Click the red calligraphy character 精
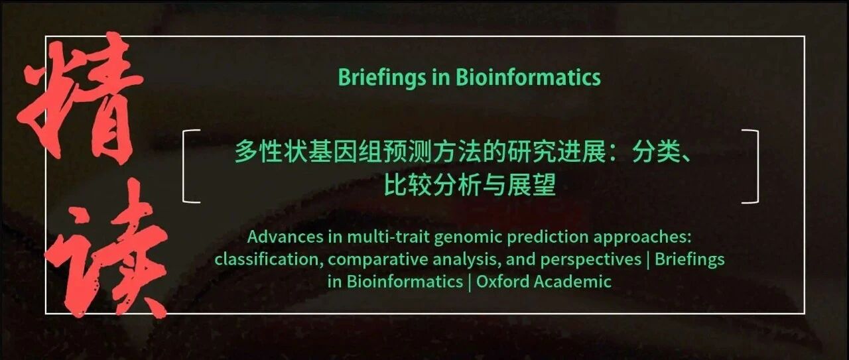(82, 99)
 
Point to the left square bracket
(184, 166)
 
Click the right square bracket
(757, 166)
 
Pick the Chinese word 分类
(655, 152)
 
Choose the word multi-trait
(389, 237)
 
